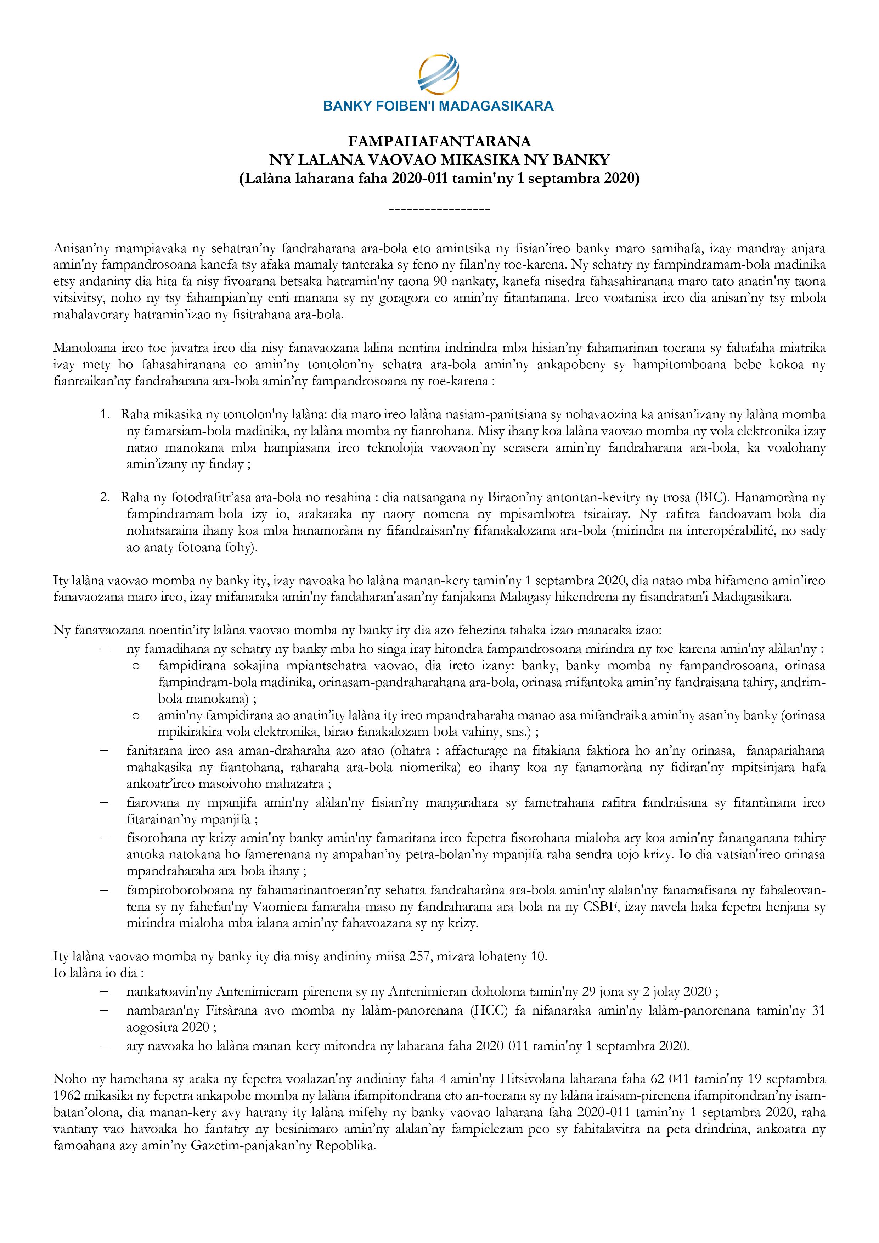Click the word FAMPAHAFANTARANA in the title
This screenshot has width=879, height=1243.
coord(439,142)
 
